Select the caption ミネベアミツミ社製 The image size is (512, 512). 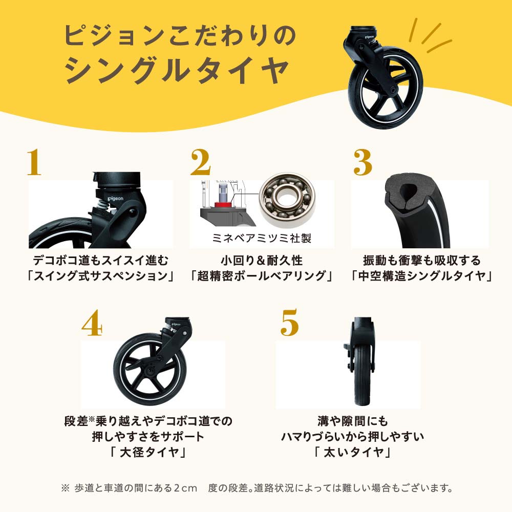coord(262,238)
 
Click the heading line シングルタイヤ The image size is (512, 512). coord(177,69)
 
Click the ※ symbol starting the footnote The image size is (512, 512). coord(65,488)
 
